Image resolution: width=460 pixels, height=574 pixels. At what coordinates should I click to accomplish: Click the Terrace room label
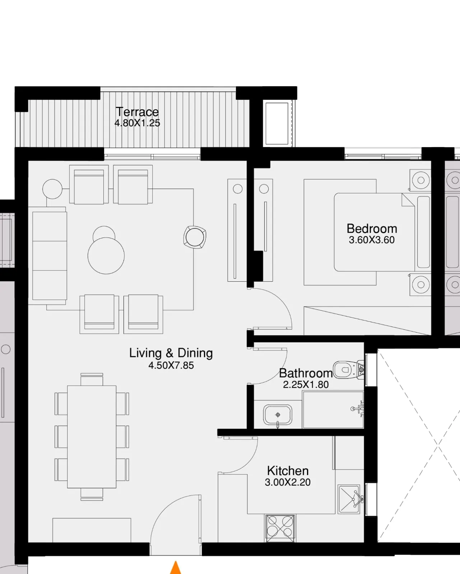[137, 112]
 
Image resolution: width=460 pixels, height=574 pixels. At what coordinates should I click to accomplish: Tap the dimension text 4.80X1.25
[137, 123]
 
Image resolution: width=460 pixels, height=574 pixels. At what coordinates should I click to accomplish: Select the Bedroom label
[372, 229]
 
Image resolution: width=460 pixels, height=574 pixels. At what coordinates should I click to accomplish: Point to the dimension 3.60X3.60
[372, 240]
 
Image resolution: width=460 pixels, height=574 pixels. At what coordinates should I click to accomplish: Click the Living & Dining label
[171, 353]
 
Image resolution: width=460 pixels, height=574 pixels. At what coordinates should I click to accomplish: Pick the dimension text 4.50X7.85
[171, 366]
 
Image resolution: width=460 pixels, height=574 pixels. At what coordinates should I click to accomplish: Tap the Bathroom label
[306, 373]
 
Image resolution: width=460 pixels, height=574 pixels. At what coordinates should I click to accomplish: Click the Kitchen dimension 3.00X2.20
[288, 483]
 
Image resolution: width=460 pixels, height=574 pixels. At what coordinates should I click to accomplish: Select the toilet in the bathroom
[347, 370]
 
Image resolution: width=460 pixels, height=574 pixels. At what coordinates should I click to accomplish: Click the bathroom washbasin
[277, 415]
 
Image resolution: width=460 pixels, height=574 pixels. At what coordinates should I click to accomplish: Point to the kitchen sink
[349, 499]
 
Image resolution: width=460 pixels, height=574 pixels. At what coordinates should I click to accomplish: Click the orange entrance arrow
[175, 568]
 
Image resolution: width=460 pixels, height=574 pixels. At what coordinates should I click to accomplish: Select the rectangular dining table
[92, 437]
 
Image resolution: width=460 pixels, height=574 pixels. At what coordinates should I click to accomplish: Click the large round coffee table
[106, 255]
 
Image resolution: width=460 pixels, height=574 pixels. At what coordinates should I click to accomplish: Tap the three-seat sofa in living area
[49, 255]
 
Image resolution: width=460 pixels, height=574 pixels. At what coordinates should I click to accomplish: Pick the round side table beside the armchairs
[52, 189]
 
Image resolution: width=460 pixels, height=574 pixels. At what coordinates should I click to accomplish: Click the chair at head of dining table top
[92, 379]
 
